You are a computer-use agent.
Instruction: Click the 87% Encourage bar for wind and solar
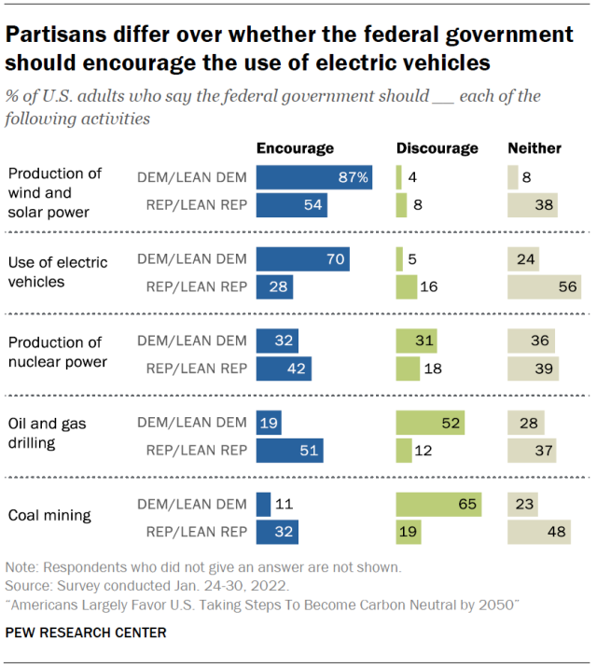313,178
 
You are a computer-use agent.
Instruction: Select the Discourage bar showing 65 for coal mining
437,506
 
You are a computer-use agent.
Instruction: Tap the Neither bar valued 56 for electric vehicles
544,286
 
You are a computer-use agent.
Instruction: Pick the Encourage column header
295,147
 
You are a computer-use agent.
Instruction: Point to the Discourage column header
437,147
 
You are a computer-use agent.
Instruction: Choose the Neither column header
535,147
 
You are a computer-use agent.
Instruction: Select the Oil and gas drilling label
46,432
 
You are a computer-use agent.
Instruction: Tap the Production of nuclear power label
55,352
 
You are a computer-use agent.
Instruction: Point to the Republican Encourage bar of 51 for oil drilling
288,452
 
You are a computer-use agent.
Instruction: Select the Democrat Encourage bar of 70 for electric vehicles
302,259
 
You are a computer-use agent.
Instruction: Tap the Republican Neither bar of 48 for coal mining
538,533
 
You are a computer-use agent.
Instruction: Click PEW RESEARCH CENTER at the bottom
86,633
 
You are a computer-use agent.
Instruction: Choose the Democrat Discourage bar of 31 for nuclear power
416,341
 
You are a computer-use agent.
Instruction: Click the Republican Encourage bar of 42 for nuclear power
284,369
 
